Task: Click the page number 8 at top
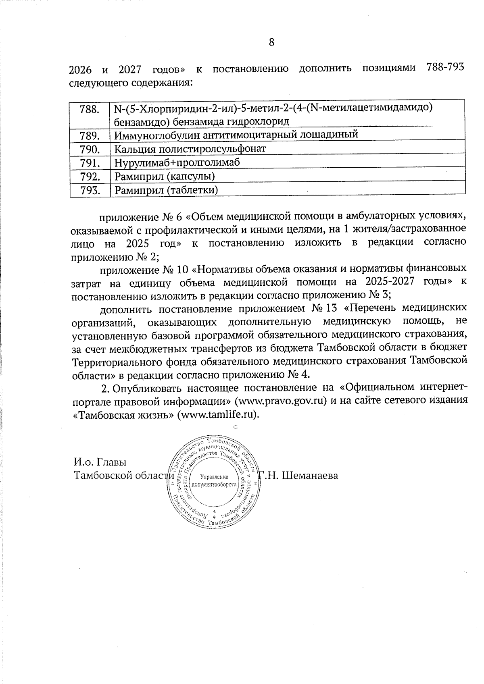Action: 271,42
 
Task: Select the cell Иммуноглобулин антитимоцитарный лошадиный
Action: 236,135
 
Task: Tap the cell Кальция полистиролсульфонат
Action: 190,149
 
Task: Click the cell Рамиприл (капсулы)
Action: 165,176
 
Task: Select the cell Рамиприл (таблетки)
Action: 166,190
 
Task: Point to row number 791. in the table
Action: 90,163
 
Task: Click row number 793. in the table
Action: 90,190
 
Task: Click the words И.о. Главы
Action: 100,462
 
